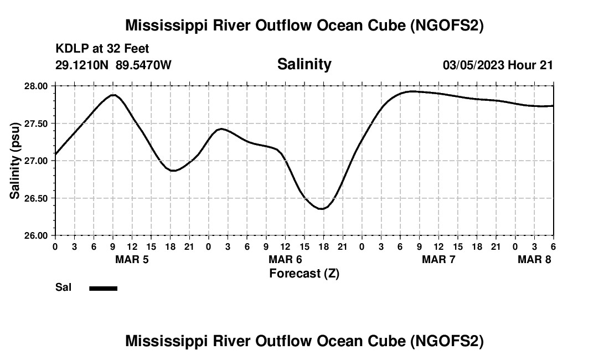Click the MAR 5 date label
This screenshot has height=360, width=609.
click(x=132, y=259)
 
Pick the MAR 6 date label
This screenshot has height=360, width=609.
click(x=285, y=259)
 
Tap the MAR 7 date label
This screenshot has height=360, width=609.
click(x=438, y=259)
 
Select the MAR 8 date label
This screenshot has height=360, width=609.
click(x=534, y=259)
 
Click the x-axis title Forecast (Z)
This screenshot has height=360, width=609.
click(x=304, y=273)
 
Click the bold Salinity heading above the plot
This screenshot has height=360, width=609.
click(x=304, y=64)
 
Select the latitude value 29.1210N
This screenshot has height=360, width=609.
click(x=82, y=65)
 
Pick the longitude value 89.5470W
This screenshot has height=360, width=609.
click(x=143, y=65)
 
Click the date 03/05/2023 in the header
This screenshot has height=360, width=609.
click(x=473, y=65)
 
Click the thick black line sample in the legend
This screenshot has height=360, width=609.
click(x=103, y=288)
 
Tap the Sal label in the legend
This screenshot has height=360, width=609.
click(x=63, y=287)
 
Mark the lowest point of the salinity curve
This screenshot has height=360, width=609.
click(x=322, y=209)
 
